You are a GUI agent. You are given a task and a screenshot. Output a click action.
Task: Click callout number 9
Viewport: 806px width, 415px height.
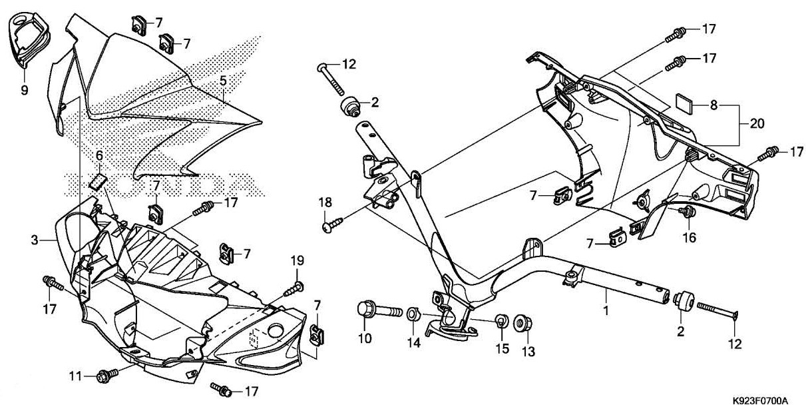click(25, 90)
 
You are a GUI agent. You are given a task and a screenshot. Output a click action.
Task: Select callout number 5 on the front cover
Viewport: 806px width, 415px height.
click(223, 81)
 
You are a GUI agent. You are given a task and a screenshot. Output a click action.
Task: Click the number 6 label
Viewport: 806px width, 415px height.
click(99, 155)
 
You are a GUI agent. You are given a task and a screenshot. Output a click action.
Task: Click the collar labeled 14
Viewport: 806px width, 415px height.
click(413, 314)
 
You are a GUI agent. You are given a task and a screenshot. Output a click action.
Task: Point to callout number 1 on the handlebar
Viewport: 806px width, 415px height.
click(605, 310)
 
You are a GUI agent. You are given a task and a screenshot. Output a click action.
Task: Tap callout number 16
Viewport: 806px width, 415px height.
click(689, 237)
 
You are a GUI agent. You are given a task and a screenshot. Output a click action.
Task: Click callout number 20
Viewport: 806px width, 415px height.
click(757, 124)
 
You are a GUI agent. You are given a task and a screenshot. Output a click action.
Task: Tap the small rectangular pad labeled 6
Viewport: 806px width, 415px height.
click(99, 181)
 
